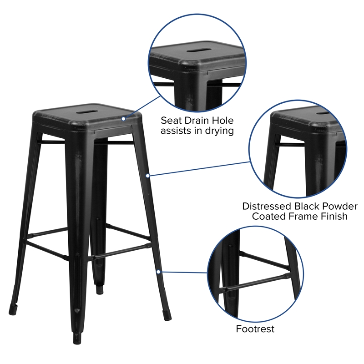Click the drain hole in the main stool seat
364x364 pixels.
pos(89,110)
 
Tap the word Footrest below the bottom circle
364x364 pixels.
pos(255,329)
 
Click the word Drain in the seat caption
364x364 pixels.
pos(197,121)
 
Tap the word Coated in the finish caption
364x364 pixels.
pos(271,217)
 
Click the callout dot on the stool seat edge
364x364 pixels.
pos(123,119)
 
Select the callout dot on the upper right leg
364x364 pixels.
pos(147,175)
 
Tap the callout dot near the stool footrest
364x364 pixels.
pos(158,272)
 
